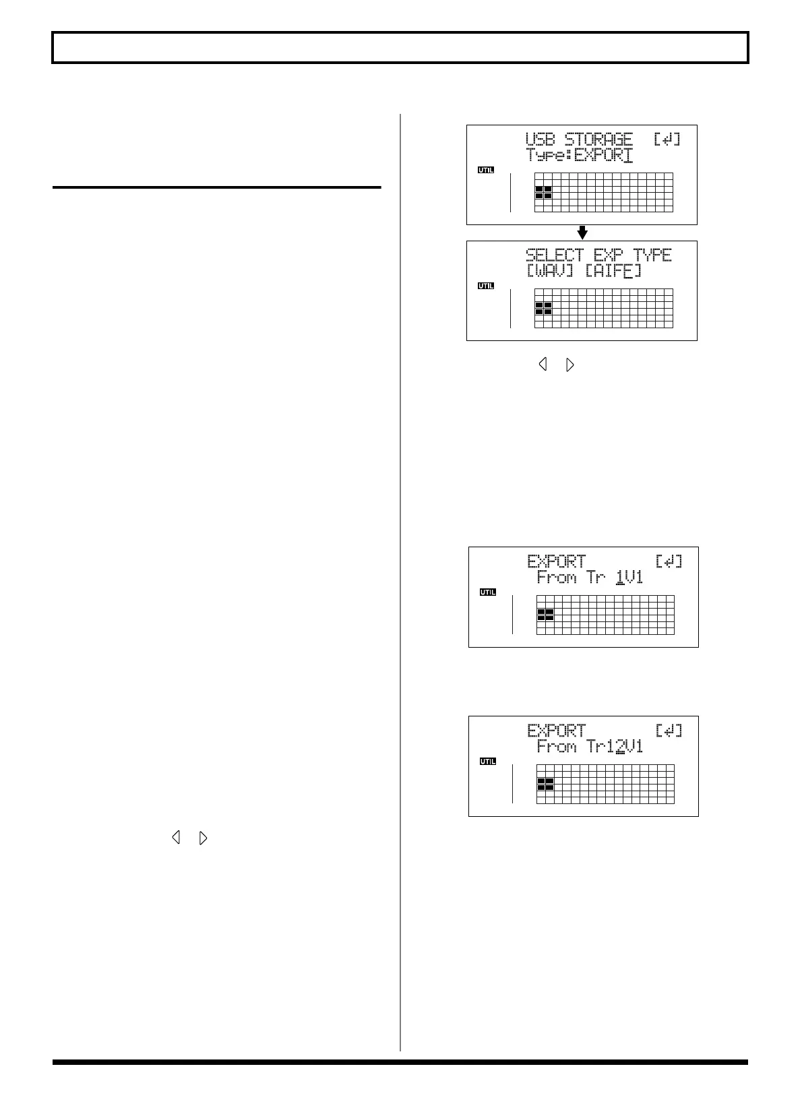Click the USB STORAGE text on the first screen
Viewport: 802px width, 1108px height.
tap(579, 140)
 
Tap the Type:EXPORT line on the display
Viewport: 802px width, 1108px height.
tap(579, 156)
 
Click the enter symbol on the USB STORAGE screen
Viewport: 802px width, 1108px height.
tap(667, 140)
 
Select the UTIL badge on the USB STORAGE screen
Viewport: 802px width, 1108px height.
tap(486, 170)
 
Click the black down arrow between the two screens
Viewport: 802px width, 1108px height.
tap(583, 233)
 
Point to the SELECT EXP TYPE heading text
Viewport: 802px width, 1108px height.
tap(598, 255)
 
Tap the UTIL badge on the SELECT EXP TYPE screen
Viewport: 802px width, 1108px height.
tap(486, 286)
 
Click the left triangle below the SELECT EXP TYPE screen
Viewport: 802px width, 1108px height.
tap(543, 365)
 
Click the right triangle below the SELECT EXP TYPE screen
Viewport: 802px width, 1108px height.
tap(570, 365)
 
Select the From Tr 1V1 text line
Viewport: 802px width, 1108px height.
tap(590, 578)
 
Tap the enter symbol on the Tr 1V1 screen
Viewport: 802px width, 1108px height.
tap(669, 561)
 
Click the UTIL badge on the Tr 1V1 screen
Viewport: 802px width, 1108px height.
tap(488, 592)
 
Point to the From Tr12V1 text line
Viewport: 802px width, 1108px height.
tap(590, 747)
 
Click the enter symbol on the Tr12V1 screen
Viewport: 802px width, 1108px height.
tap(669, 731)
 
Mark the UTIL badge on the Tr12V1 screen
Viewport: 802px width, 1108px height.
tap(488, 762)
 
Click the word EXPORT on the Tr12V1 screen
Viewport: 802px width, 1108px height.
tap(557, 731)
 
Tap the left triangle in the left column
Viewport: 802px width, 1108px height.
tap(177, 838)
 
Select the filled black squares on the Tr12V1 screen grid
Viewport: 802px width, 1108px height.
tap(545, 784)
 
